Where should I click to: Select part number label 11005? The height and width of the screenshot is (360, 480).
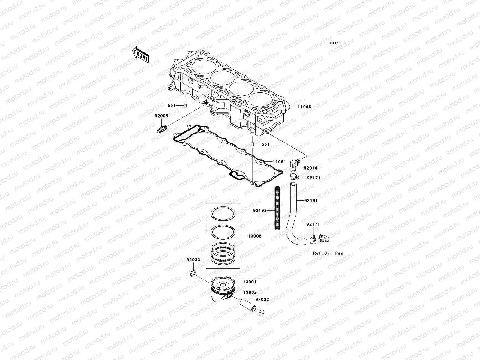tap(304, 107)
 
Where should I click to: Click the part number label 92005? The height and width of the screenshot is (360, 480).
tap(161, 116)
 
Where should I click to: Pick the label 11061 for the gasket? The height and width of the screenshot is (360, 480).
tap(279, 162)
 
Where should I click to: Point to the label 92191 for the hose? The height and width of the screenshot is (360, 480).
tap(311, 200)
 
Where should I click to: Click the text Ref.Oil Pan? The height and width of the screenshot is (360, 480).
tap(328, 253)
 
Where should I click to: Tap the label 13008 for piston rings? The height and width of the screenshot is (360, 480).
tap(254, 236)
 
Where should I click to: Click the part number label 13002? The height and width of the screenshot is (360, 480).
tap(250, 292)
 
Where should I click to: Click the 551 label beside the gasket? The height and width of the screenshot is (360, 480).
tap(265, 144)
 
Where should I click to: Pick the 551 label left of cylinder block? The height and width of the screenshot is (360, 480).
tap(171, 106)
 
